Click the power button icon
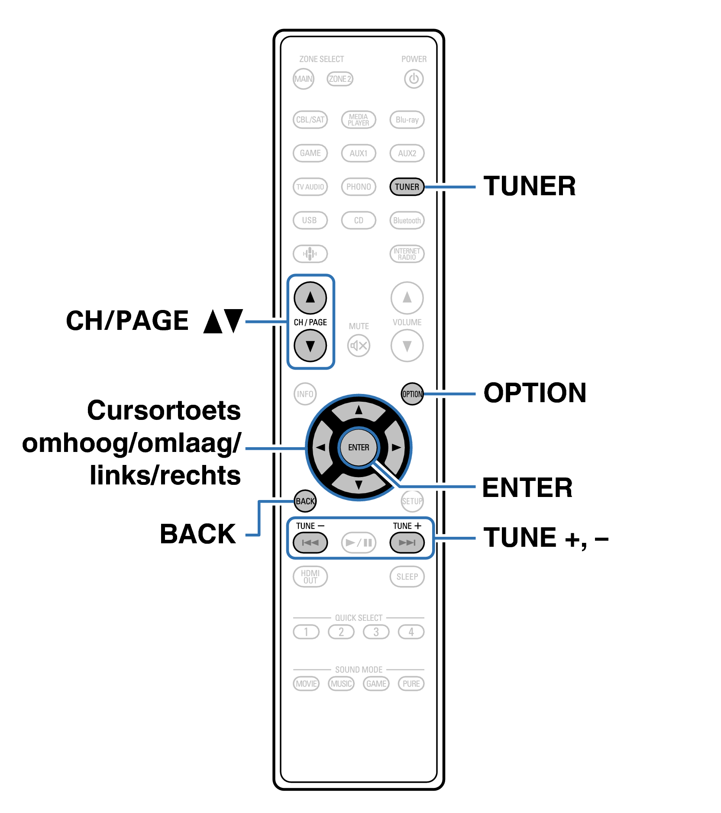tap(414, 79)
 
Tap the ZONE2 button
tap(340, 79)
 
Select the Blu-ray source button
tap(407, 120)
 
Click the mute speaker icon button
tap(359, 346)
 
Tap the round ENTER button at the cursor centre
tap(359, 447)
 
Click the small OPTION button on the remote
tap(412, 394)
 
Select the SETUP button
tap(412, 501)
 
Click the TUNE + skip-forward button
tap(407, 542)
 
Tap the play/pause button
tap(359, 542)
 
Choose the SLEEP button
tap(407, 577)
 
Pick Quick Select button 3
tap(376, 632)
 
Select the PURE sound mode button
tap(411, 684)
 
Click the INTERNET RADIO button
tap(407, 254)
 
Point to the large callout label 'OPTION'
tap(535, 393)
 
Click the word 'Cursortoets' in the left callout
tap(164, 410)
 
